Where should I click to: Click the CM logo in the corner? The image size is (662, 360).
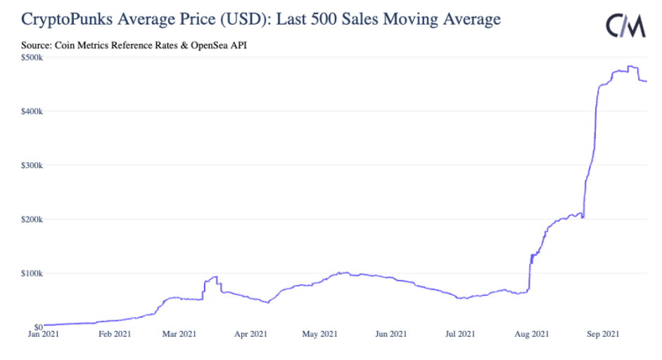tap(625, 25)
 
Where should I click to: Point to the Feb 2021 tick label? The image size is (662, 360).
tap(113, 335)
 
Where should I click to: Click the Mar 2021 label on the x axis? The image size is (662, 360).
tap(181, 335)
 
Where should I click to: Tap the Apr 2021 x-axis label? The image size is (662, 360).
tap(250, 335)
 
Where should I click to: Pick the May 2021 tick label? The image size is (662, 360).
tap(321, 335)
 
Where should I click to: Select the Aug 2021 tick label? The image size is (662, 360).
tap(531, 335)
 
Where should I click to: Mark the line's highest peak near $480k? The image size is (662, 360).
tap(632, 67)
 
